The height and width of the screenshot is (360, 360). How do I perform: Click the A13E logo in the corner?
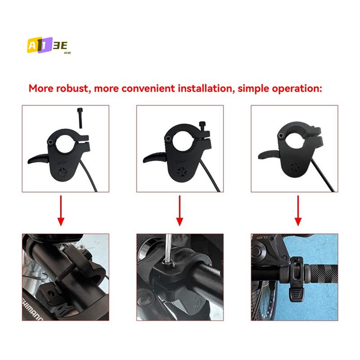tap(46, 45)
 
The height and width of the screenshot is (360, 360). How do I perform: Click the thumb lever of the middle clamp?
tap(153, 158)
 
